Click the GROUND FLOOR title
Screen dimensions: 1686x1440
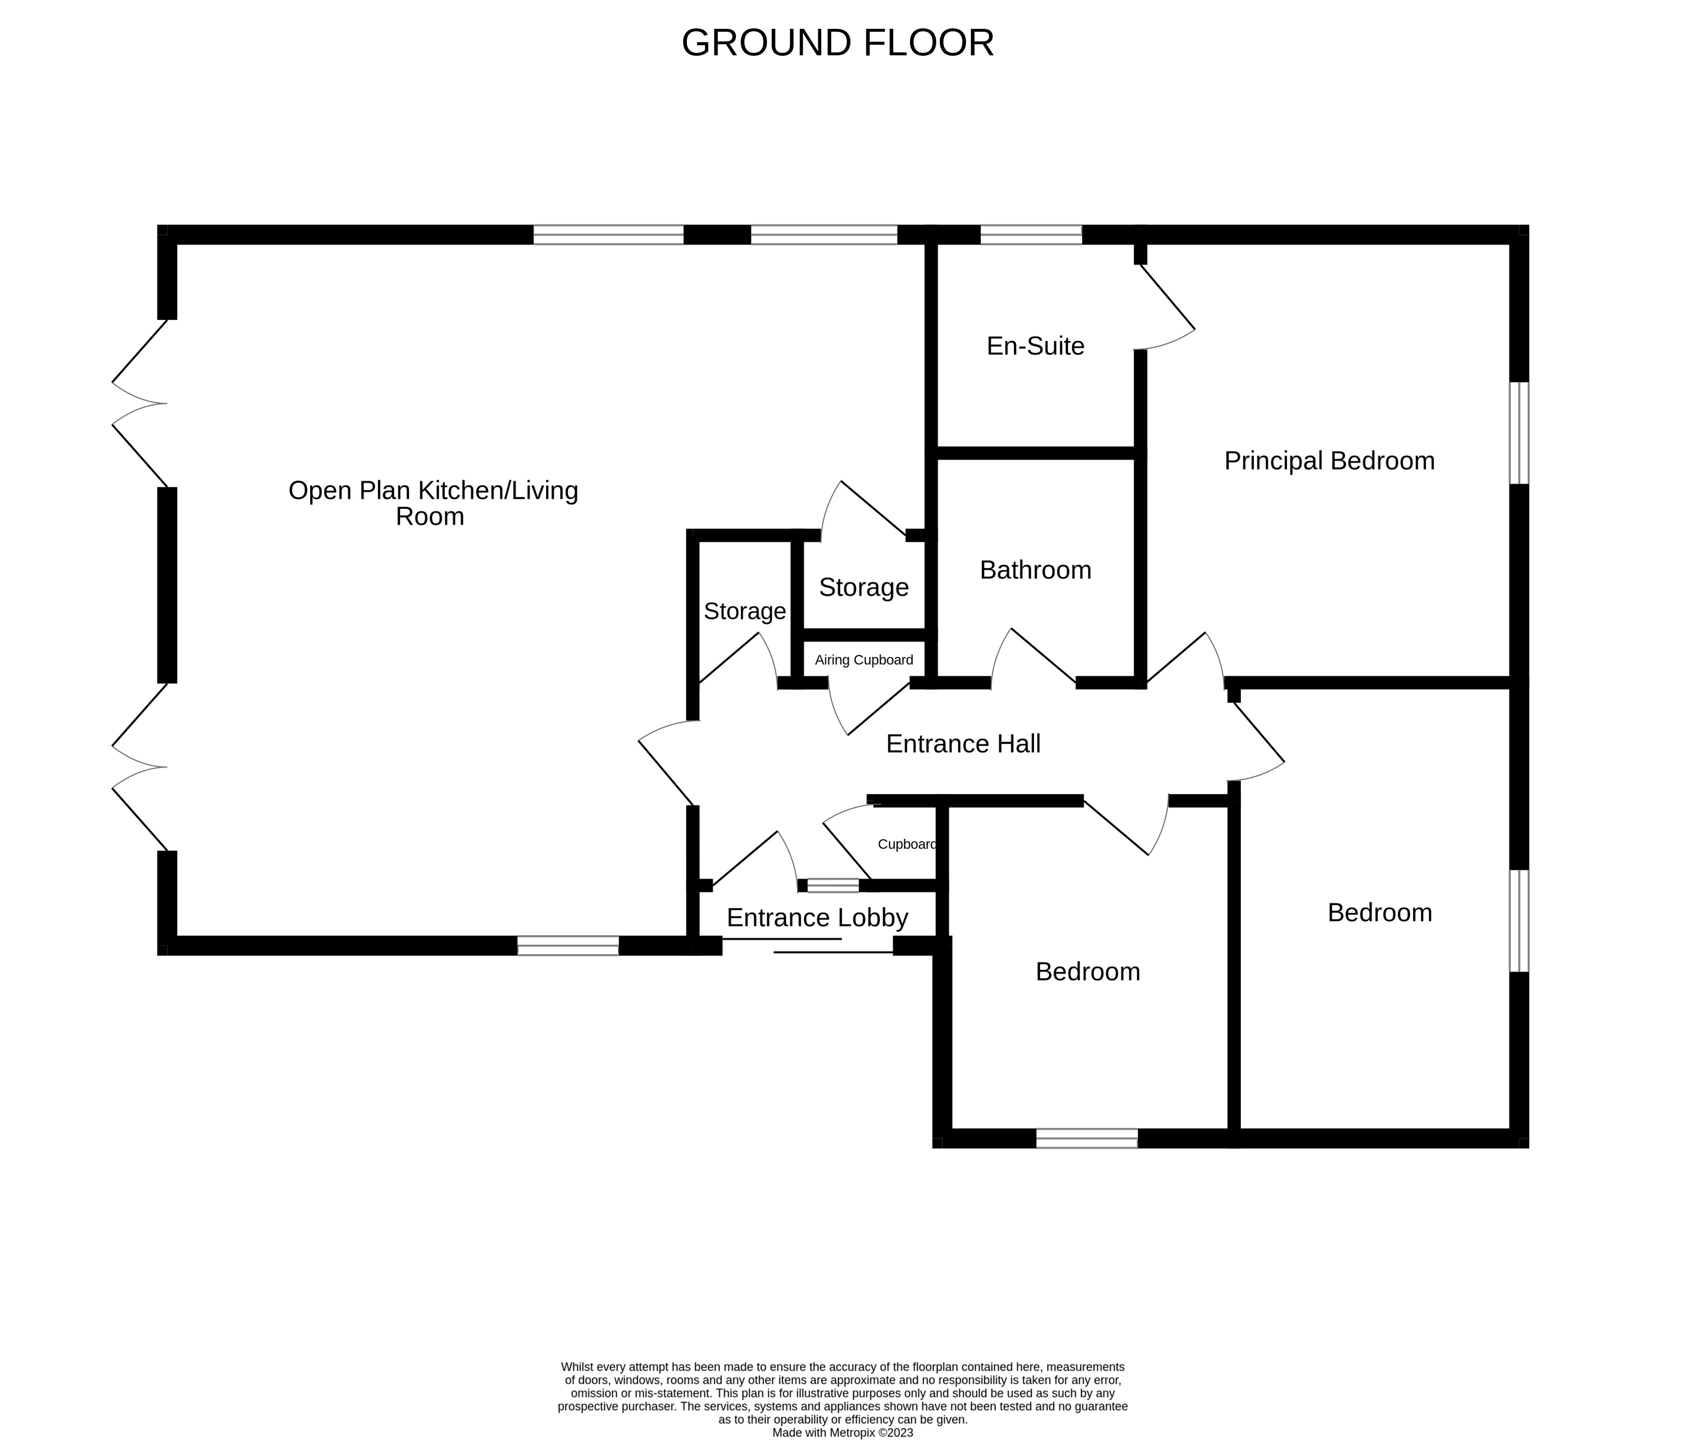[837, 43]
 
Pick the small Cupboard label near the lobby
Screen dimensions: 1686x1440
[907, 844]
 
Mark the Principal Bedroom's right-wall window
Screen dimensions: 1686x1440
[1519, 433]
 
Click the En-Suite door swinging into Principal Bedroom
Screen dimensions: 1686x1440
[1165, 308]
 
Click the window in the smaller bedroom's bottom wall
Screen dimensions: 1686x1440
[1087, 1138]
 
